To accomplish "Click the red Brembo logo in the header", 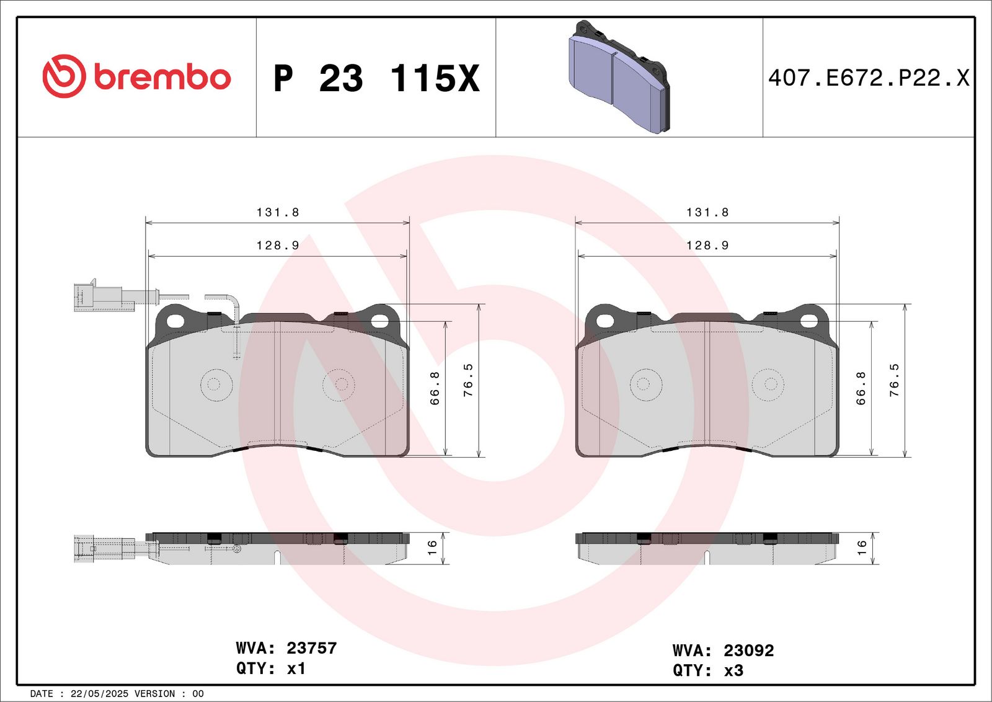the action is (137, 77).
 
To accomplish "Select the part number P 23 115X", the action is (376, 78).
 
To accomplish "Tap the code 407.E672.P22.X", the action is (869, 78).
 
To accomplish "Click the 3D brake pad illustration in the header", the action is (619, 76).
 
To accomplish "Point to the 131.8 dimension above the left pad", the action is (278, 213).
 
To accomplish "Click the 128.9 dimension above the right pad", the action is (707, 246).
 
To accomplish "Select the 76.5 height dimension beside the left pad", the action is (468, 380).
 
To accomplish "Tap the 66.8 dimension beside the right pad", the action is (861, 388).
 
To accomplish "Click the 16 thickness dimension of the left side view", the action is (432, 548).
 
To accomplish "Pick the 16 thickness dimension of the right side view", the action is (861, 548).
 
